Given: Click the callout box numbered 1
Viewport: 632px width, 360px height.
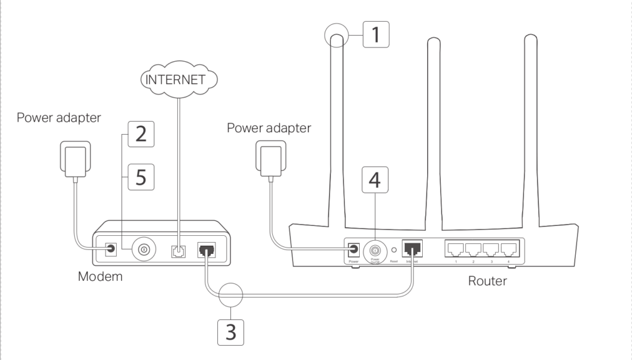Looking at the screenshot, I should (375, 34).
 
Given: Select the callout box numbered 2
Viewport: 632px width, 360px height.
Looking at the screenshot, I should (141, 134).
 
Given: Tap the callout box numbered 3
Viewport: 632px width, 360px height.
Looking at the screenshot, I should (230, 332).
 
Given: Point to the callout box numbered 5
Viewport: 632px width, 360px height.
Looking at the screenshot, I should (141, 177).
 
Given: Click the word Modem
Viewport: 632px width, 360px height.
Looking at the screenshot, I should (100, 277).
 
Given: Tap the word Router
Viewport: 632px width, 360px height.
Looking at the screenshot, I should (487, 281).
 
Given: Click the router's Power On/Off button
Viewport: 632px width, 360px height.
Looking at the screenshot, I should (374, 251).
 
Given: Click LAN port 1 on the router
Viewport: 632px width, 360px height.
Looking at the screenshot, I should (455, 250).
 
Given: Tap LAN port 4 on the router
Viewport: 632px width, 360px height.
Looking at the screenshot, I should (509, 250).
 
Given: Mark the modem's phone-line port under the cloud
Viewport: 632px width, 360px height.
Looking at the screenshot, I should (178, 251).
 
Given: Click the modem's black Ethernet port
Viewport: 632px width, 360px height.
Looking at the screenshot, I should (206, 250).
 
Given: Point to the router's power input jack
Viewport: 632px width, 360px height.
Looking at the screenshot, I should (354, 249).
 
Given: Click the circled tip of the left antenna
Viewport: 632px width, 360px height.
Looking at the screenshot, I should (336, 37).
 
